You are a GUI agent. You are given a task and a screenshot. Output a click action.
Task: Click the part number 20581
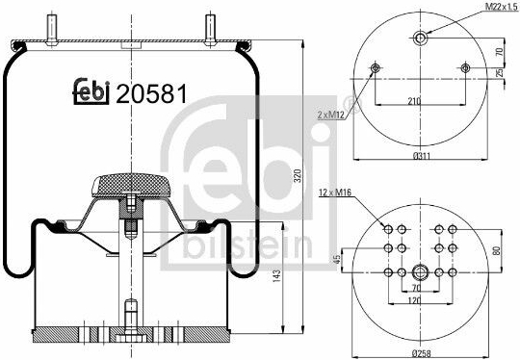151,93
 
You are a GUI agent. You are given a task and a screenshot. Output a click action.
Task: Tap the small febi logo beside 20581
91,91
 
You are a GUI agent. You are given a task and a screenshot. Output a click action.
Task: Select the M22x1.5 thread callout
502,7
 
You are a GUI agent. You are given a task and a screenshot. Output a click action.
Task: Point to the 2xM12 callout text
331,116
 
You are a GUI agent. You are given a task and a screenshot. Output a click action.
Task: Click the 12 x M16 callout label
335,193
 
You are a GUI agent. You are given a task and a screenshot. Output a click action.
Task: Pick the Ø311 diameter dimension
421,155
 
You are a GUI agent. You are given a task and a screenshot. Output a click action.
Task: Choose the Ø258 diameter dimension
421,353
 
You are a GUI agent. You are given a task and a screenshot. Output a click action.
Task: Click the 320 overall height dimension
298,176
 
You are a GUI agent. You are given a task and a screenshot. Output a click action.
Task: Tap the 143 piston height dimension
276,276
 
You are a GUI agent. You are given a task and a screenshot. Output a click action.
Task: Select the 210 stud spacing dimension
414,101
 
